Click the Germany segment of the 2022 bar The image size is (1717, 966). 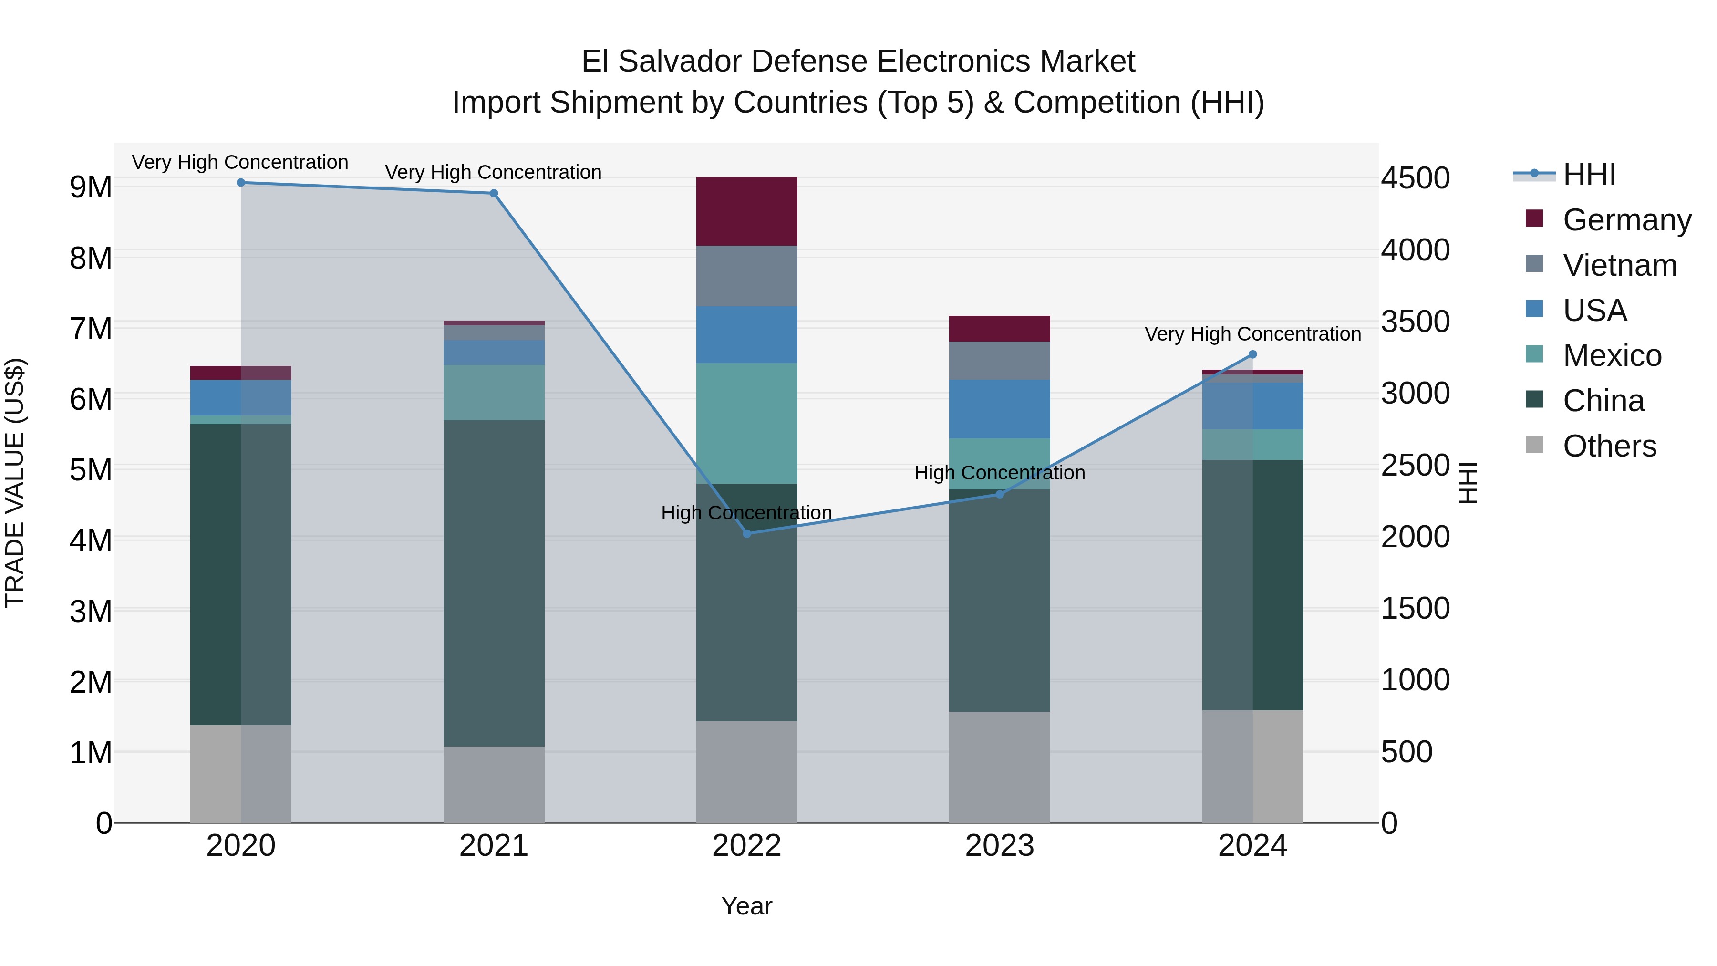746,211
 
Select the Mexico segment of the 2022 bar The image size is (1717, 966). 746,423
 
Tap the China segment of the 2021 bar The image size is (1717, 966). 494,583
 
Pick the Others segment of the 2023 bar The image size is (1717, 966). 999,767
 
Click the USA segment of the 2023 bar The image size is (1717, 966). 999,409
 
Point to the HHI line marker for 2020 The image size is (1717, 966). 241,183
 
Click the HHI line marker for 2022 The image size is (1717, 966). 746,533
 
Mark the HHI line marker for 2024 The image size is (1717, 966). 1252,354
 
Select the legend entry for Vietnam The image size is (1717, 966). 1619,265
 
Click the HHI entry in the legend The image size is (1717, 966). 1589,175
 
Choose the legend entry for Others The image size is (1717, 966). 1609,446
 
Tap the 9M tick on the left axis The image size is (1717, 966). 91,187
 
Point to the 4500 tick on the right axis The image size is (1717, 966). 1415,178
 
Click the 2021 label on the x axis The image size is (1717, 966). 494,846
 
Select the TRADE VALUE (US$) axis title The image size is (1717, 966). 15,483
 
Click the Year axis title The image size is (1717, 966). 746,906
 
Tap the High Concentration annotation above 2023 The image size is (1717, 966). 999,473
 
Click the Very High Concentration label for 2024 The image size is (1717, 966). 1252,334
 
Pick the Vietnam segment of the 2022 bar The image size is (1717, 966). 746,276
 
